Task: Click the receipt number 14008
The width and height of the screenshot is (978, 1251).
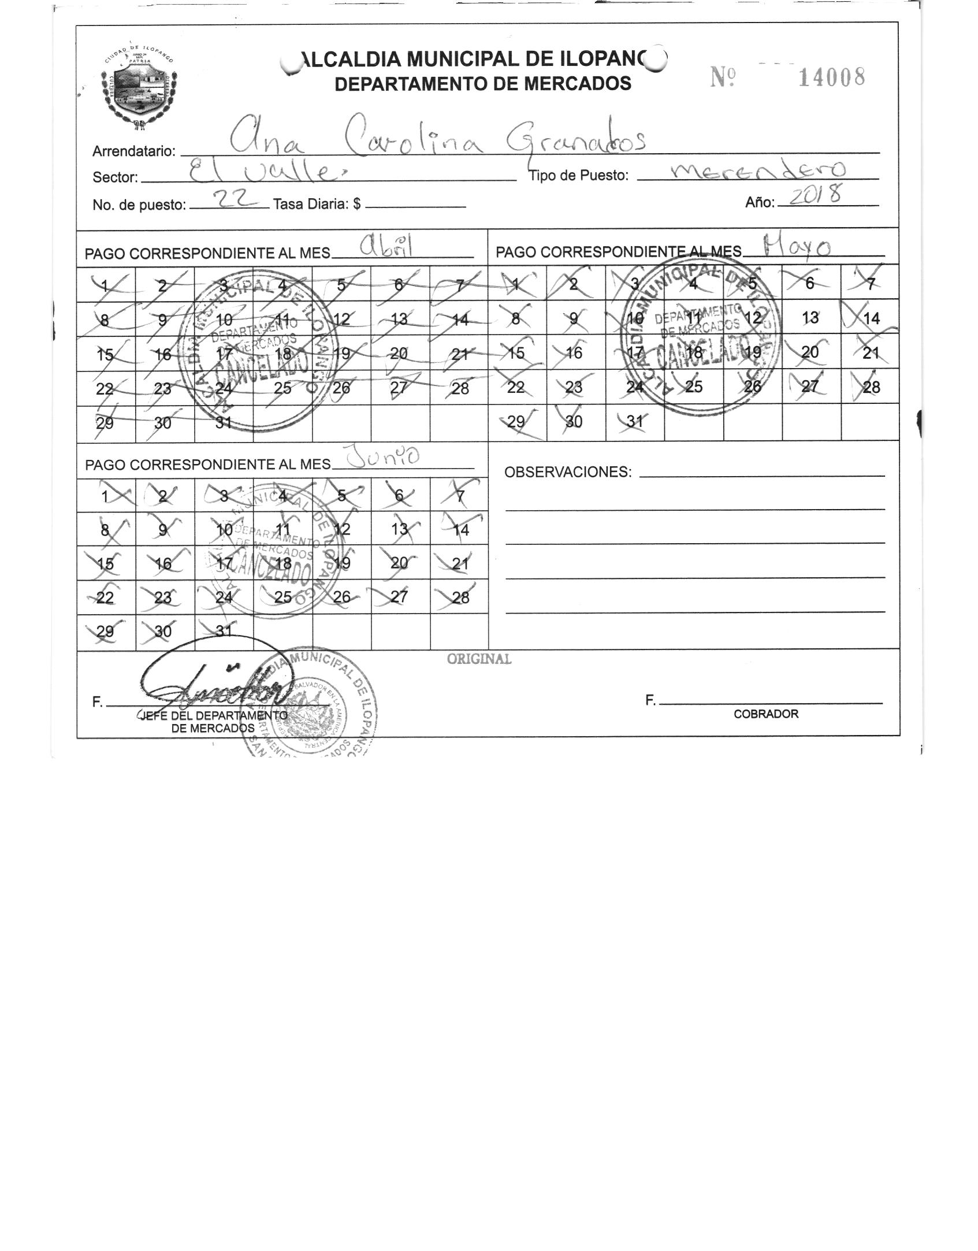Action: click(x=831, y=77)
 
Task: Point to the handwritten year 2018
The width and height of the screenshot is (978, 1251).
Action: click(x=815, y=196)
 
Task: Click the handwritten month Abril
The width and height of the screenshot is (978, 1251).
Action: click(x=388, y=248)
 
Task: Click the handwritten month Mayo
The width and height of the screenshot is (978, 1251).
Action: click(x=797, y=247)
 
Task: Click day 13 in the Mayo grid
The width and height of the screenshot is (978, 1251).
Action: click(x=810, y=318)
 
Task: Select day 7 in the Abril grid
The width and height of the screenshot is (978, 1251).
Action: click(x=460, y=284)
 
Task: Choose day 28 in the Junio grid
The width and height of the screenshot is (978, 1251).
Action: click(x=460, y=597)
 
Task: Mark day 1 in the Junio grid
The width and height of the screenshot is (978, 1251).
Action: click(x=105, y=496)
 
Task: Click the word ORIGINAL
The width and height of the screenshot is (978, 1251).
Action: click(x=479, y=659)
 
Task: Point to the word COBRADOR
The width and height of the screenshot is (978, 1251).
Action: click(x=766, y=714)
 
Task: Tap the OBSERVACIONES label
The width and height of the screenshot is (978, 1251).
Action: click(x=568, y=472)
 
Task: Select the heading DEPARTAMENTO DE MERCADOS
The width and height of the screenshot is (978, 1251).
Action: click(x=483, y=84)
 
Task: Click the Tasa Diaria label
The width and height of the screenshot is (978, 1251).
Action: click(x=317, y=204)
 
